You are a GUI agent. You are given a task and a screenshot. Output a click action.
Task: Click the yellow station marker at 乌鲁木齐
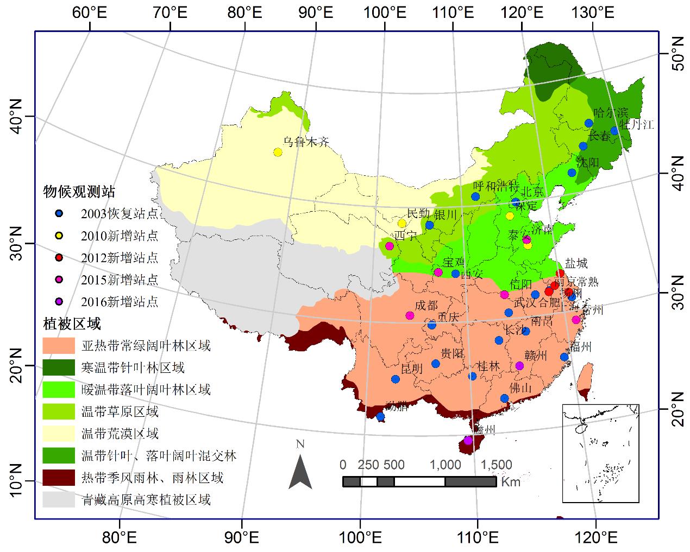tap(278, 153)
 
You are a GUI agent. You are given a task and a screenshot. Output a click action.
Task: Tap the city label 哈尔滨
tap(610, 113)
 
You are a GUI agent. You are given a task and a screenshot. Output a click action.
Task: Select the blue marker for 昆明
tap(396, 379)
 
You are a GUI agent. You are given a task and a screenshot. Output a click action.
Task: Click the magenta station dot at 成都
tap(410, 315)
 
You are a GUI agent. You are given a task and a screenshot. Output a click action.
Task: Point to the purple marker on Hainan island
tap(468, 440)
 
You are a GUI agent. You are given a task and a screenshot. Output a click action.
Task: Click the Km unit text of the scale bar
tap(510, 482)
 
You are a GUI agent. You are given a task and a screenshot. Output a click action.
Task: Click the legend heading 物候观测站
tap(79, 192)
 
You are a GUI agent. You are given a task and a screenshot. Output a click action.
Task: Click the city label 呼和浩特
tap(495, 187)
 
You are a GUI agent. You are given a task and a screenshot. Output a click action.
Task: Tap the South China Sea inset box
tap(600, 453)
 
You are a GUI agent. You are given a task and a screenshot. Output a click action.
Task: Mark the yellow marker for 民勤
tap(402, 224)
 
